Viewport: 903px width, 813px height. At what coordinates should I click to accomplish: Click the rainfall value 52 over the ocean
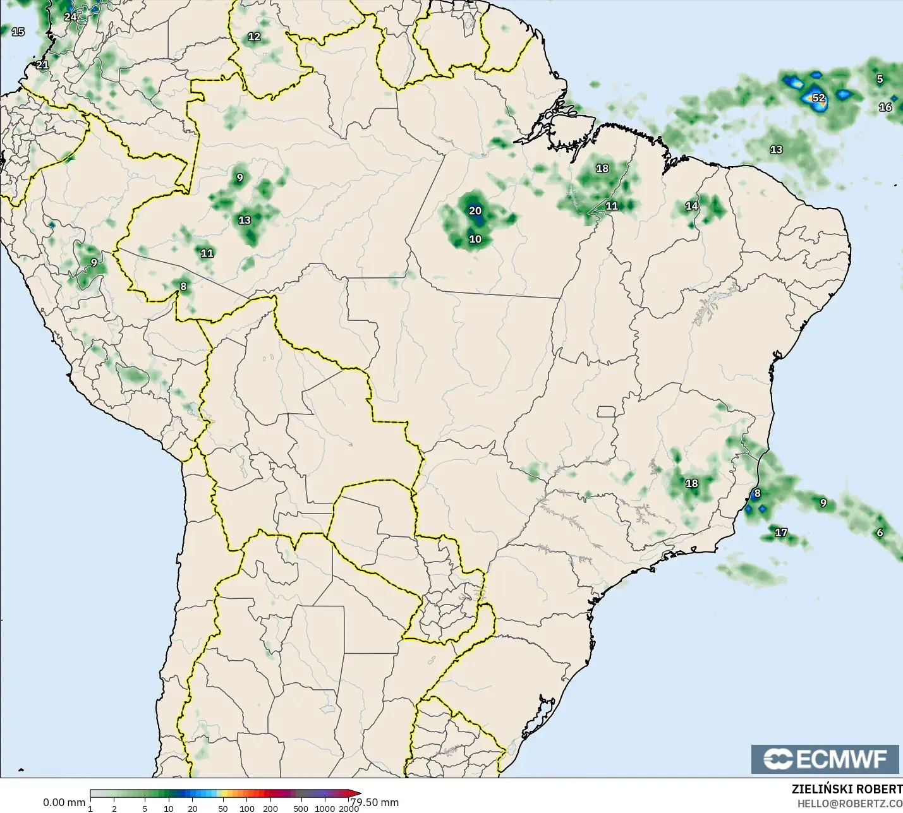818,98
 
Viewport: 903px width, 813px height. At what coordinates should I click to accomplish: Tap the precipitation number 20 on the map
475,210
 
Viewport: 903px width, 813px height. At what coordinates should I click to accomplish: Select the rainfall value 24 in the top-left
70,17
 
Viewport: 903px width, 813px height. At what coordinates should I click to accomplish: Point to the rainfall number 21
42,64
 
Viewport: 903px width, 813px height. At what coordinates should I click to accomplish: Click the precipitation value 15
18,32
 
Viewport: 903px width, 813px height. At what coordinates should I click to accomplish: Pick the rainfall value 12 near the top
254,37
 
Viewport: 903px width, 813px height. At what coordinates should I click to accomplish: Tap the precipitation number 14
692,206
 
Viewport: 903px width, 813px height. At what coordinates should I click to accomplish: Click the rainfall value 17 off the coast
781,533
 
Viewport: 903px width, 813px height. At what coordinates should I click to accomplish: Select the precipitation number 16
885,107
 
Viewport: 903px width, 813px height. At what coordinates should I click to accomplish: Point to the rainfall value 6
880,533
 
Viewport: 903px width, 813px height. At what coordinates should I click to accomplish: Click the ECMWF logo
825,759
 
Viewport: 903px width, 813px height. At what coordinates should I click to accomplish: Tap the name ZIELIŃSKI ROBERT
847,789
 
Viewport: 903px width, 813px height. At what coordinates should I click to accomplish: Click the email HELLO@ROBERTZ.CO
849,804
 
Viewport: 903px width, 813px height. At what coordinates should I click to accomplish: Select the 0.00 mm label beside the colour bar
64,802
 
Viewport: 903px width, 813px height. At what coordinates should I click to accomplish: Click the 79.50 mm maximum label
375,802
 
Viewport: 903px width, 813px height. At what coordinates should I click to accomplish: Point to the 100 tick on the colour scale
247,809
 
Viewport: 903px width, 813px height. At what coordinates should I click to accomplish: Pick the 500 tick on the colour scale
301,809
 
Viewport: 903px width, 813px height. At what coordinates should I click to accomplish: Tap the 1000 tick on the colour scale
325,809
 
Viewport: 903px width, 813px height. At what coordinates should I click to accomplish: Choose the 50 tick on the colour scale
222,809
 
